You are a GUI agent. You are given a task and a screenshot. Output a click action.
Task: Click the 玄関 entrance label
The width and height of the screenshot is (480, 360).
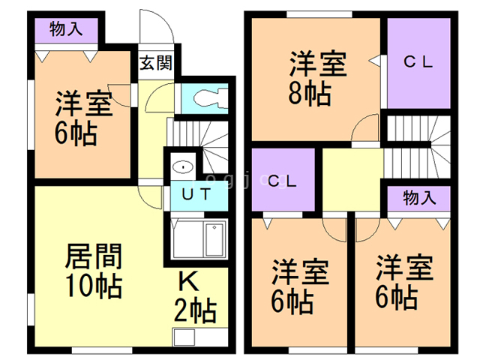tap(155, 61)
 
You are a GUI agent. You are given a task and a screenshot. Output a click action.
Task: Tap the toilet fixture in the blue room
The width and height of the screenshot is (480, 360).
tap(212, 97)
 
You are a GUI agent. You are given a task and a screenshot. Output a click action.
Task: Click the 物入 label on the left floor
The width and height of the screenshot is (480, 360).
tap(66, 29)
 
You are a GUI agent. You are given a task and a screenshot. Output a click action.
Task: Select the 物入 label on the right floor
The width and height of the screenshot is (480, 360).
tap(419, 198)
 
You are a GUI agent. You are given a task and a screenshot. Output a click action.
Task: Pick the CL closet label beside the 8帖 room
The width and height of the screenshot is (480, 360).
tap(419, 64)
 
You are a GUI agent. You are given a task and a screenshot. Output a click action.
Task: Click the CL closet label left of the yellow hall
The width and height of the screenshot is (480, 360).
tap(283, 180)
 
